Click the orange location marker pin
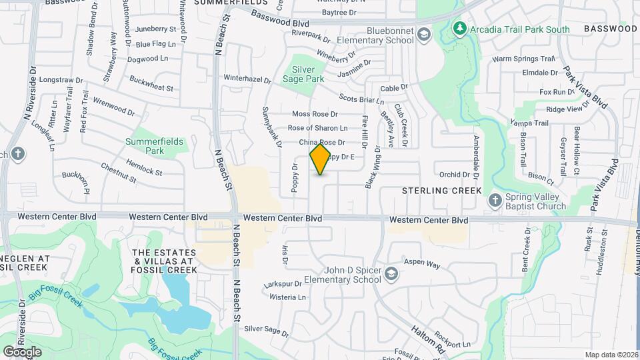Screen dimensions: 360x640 (x=321, y=159)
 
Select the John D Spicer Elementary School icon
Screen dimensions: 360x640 (x=391, y=274)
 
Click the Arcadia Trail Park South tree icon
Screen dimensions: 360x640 (x=459, y=29)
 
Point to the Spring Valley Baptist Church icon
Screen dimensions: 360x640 (x=495, y=200)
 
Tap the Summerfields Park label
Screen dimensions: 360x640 (x=145, y=146)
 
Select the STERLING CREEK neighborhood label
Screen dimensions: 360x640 (x=441, y=191)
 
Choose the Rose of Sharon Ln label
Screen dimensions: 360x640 (x=317, y=128)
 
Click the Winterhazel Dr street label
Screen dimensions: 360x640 (x=247, y=79)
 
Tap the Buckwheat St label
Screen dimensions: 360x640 (x=151, y=87)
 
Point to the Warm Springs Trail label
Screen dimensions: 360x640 (x=523, y=59)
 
